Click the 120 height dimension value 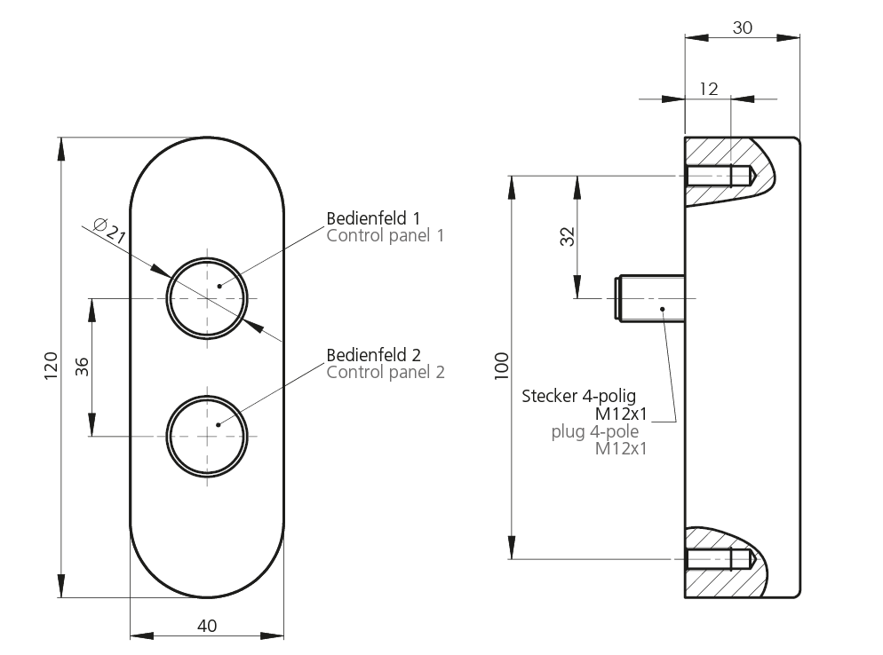click(x=51, y=365)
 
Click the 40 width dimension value click(x=207, y=626)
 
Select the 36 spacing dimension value click(x=82, y=367)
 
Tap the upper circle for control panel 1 click(x=206, y=299)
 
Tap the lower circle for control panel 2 click(x=206, y=437)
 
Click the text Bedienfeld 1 click(x=373, y=217)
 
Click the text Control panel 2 click(x=386, y=372)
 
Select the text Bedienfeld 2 click(x=374, y=354)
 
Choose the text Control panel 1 click(x=385, y=235)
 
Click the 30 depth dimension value click(x=742, y=28)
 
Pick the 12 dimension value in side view click(x=708, y=88)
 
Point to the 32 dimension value click(x=567, y=236)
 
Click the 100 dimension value click(x=502, y=366)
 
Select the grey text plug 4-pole click(x=595, y=432)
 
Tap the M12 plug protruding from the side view click(x=648, y=299)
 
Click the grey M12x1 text click(x=620, y=449)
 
